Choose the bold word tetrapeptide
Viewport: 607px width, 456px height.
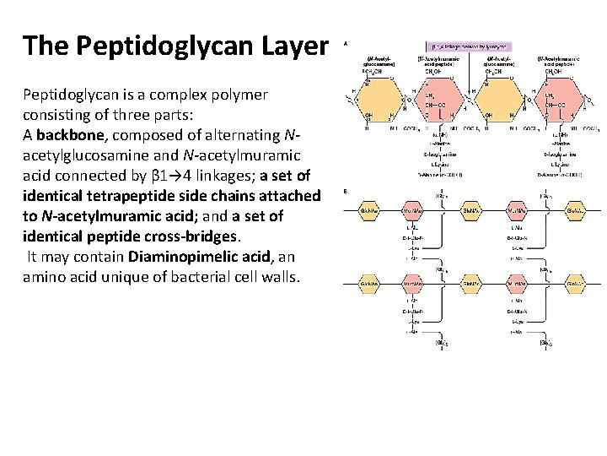coord(136,196)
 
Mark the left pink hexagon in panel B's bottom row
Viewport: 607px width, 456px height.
coord(413,286)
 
